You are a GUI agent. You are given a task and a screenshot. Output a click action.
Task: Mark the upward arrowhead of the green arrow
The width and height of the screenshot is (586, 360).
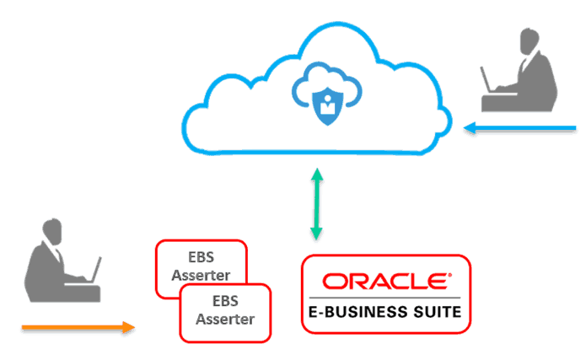[317, 175]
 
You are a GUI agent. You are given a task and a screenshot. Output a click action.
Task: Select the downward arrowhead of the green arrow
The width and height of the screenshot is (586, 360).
[317, 235]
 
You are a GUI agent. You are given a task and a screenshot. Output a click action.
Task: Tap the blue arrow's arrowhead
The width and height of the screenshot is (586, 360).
[470, 129]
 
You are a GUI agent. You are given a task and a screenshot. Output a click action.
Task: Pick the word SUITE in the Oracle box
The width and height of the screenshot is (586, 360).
[432, 312]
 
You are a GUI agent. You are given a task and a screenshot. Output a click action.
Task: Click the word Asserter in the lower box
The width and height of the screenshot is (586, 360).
[225, 320]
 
